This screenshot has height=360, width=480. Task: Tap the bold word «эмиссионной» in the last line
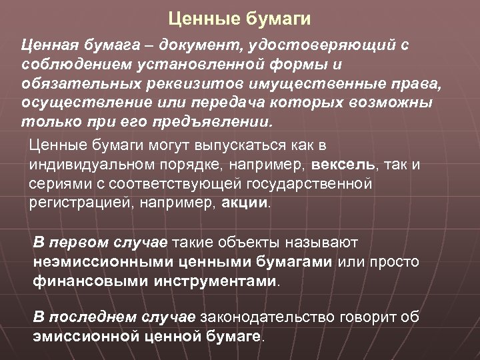(x=87, y=335)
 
